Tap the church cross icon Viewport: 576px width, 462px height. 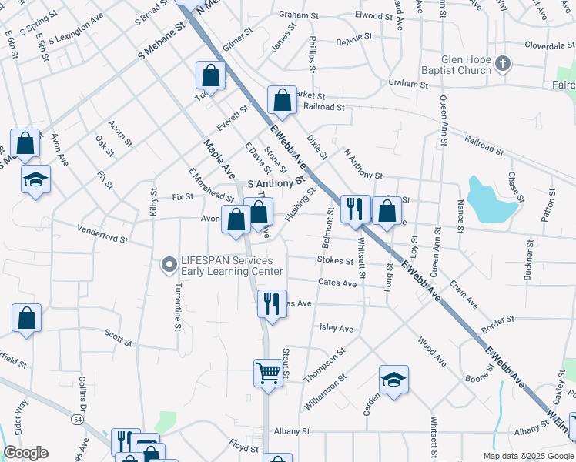[x=503, y=63]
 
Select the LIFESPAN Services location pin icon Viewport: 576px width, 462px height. [x=168, y=266]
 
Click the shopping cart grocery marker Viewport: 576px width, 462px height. [x=268, y=373]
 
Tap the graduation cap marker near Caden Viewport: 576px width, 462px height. [x=393, y=380]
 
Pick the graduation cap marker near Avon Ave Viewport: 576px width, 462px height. [x=35, y=179]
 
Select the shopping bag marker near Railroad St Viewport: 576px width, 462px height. [x=282, y=99]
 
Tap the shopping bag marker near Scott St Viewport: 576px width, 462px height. [x=26, y=319]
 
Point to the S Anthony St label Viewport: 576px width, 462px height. [x=272, y=184]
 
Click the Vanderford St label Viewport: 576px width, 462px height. [x=102, y=234]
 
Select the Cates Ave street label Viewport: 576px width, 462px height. [x=337, y=283]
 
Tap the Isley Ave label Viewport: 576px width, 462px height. [x=336, y=328]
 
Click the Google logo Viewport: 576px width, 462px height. [x=25, y=453]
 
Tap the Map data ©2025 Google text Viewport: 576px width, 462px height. [x=527, y=455]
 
